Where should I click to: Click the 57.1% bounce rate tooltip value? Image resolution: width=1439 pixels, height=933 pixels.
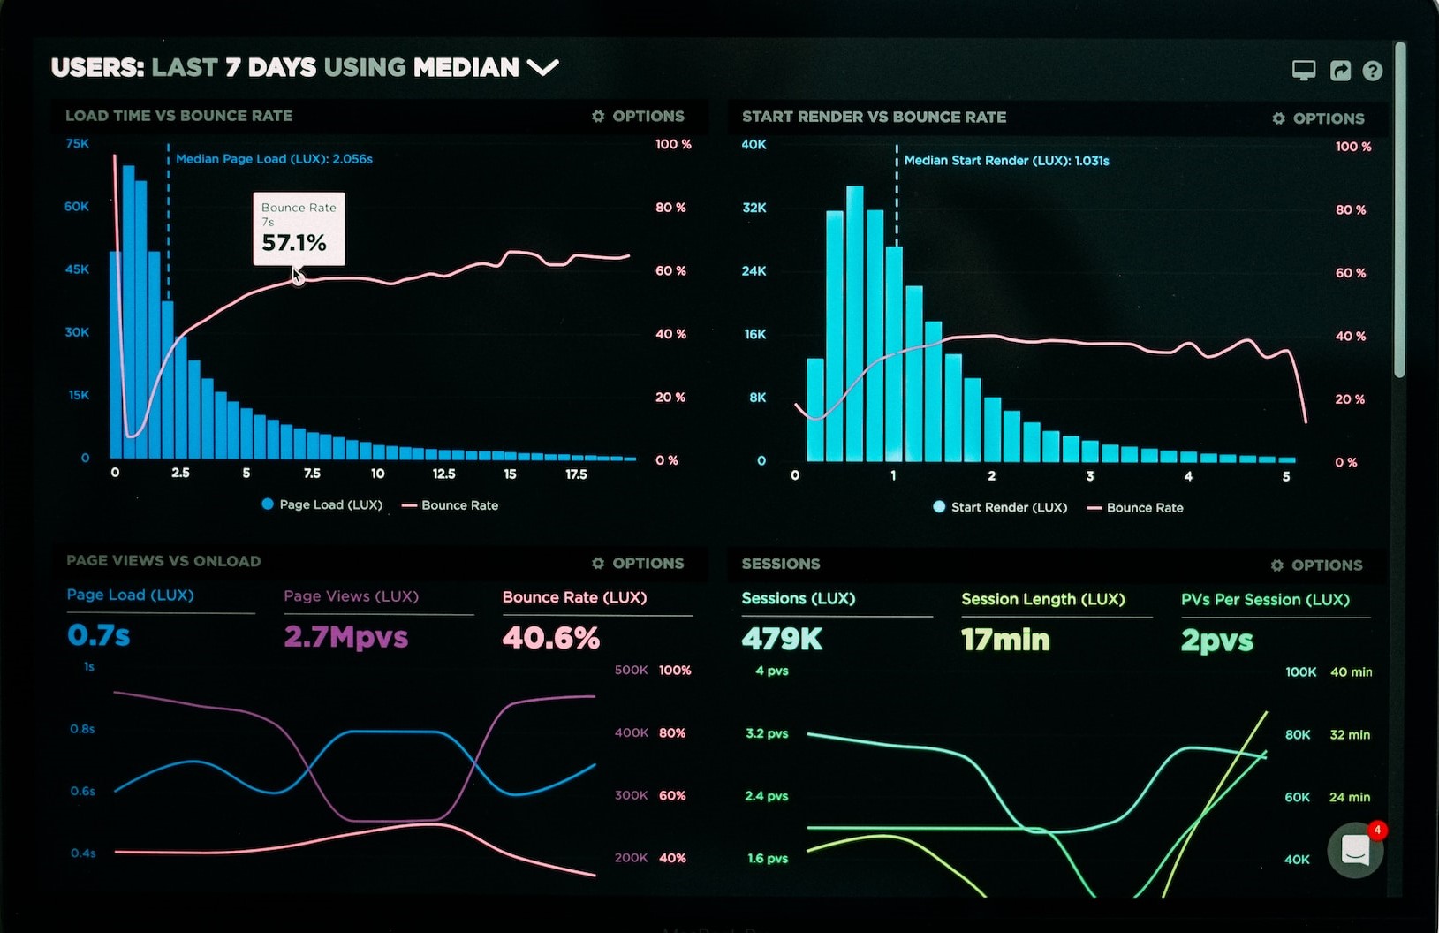pyautogui.click(x=294, y=243)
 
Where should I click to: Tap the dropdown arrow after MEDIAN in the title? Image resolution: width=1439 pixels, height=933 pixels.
pyautogui.click(x=542, y=67)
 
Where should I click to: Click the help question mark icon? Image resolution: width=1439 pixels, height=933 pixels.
pyautogui.click(x=1372, y=71)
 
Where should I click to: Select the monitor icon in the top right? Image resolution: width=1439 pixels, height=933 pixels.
pyautogui.click(x=1303, y=71)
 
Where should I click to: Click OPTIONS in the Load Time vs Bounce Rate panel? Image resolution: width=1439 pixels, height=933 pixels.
pyautogui.click(x=638, y=116)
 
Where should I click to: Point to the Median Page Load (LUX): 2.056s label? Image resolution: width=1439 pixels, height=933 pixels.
pyautogui.click(x=274, y=159)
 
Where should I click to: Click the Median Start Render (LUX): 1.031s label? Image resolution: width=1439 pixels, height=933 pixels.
pyautogui.click(x=1006, y=161)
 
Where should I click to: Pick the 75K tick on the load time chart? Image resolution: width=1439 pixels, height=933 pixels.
pyautogui.click(x=78, y=143)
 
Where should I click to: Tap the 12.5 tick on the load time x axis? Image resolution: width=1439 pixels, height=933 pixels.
pyautogui.click(x=443, y=474)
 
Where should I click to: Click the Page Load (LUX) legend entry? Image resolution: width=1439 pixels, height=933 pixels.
pyautogui.click(x=322, y=504)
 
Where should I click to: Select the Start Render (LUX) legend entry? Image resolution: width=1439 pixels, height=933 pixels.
pyautogui.click(x=1000, y=507)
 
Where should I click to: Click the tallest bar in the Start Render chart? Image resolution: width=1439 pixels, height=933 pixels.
pyautogui.click(x=854, y=322)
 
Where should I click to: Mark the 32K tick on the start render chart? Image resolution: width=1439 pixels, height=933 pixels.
pyautogui.click(x=754, y=208)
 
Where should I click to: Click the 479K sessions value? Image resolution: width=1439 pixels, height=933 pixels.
pyautogui.click(x=782, y=639)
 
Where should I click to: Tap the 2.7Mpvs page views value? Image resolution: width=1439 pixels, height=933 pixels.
pyautogui.click(x=345, y=637)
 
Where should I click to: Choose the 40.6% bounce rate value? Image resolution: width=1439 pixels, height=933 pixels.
pyautogui.click(x=550, y=638)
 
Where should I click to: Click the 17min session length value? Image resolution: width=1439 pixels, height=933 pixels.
pyautogui.click(x=1005, y=640)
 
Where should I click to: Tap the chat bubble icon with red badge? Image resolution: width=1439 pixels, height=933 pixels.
pyautogui.click(x=1355, y=850)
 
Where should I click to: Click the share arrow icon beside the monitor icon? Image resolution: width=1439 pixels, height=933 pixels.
pyautogui.click(x=1340, y=71)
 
